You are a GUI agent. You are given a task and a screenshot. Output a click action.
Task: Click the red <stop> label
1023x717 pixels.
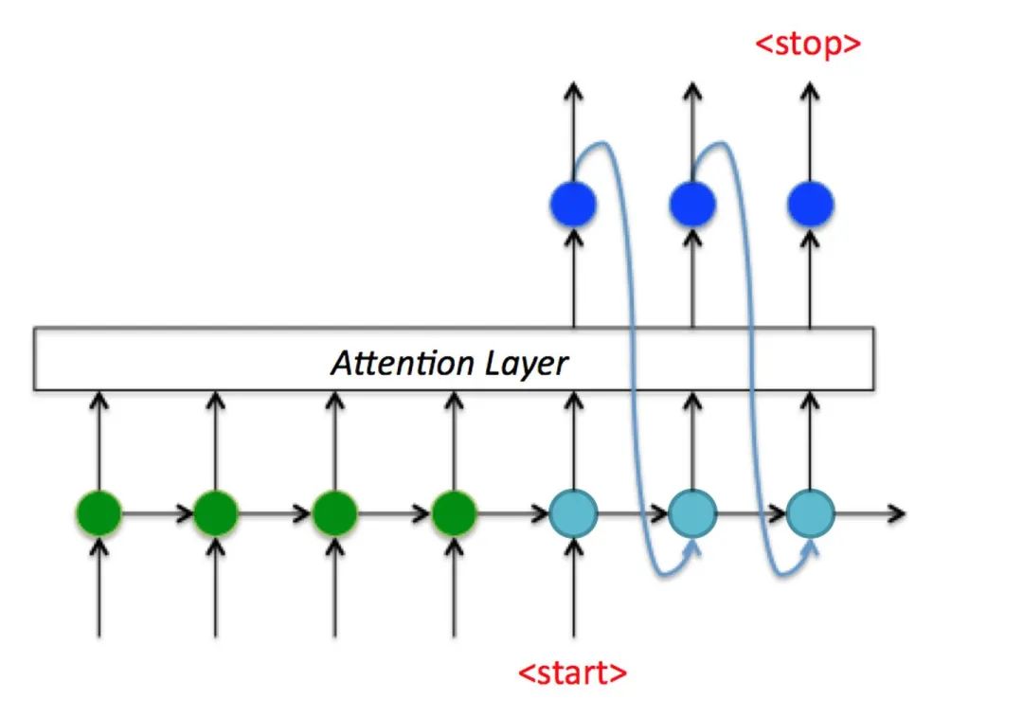tap(808, 44)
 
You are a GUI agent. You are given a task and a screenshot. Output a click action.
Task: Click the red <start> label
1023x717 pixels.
tap(572, 672)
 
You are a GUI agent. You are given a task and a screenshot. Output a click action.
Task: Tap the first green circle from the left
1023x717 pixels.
tap(99, 514)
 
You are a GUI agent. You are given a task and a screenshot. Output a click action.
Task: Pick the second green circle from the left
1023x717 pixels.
tap(216, 514)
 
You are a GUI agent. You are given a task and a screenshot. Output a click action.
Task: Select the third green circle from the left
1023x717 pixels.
tap(334, 514)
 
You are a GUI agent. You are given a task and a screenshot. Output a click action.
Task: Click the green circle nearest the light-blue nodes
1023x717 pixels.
tap(454, 514)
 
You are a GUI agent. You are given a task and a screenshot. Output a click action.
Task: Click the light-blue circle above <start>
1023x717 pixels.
tap(573, 514)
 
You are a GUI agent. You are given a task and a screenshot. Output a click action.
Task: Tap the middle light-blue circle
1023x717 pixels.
tap(692, 514)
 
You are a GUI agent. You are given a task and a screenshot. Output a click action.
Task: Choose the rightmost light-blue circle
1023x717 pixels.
tap(810, 514)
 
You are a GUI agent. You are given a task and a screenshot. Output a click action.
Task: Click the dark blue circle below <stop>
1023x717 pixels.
tap(810, 204)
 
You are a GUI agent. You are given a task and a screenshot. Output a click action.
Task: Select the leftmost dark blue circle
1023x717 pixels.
tap(572, 204)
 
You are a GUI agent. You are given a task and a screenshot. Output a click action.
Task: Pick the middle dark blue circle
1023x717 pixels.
tap(692, 204)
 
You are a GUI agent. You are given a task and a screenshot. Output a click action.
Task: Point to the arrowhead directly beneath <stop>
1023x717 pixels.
tap(809, 90)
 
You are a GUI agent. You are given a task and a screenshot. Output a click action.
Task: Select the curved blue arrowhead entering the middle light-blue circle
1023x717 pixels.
tap(694, 547)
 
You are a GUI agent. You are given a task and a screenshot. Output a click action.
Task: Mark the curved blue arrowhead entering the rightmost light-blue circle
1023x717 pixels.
tap(812, 547)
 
